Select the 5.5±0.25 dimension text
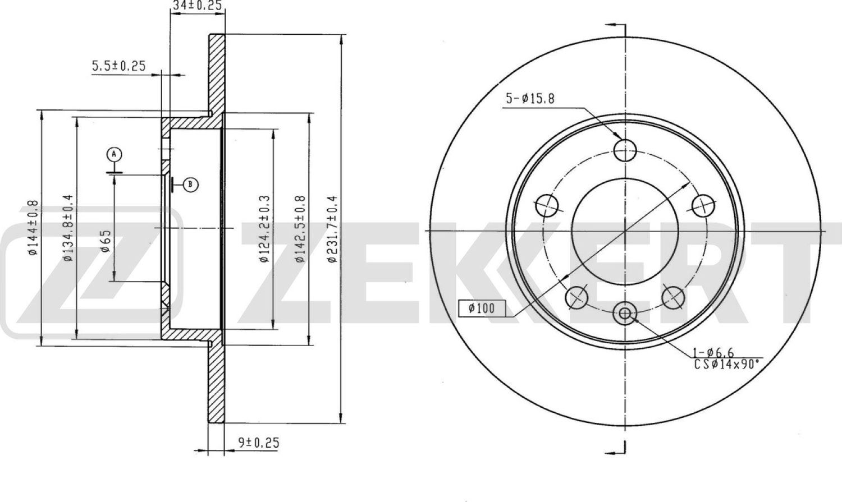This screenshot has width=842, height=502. (119, 66)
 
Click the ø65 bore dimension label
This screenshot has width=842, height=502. (106, 241)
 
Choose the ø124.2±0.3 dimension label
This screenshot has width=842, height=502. (264, 228)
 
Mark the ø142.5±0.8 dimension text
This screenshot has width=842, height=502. (300, 228)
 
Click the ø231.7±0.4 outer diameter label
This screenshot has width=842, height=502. (332, 229)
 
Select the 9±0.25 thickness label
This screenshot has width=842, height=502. (259, 443)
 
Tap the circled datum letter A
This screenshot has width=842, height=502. (115, 154)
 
